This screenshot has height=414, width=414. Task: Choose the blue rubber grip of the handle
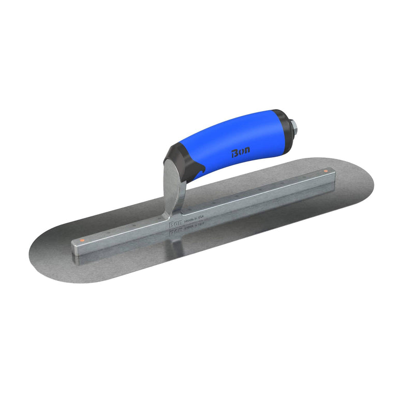tap(233, 142)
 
